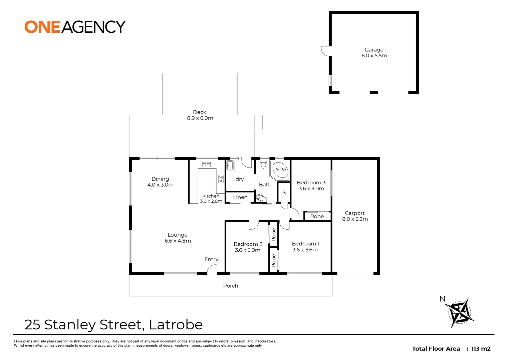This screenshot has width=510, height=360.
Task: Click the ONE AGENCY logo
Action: (x=75, y=27)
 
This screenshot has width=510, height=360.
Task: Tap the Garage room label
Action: (x=374, y=50)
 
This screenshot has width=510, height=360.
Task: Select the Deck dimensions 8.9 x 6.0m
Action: (x=200, y=118)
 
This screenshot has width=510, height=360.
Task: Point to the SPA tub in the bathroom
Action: (x=280, y=170)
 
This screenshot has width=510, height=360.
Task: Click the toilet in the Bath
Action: (x=263, y=165)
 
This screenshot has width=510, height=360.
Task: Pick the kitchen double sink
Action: (x=206, y=165)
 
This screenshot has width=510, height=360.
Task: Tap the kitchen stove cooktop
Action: (x=221, y=179)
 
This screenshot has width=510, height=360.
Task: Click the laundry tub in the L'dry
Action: (x=230, y=165)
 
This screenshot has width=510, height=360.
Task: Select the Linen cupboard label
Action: (x=240, y=197)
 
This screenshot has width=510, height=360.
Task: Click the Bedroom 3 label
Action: (x=311, y=183)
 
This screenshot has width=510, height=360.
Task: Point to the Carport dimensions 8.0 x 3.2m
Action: (x=355, y=219)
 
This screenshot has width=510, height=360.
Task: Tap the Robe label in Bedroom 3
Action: (x=317, y=216)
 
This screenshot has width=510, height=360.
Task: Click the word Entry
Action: (x=211, y=259)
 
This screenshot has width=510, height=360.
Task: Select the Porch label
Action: (x=231, y=286)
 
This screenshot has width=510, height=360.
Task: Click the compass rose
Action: (x=461, y=313)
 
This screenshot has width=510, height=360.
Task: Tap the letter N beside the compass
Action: (x=443, y=299)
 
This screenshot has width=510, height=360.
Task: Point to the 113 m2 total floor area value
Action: (x=481, y=349)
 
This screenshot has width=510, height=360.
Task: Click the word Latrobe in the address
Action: (x=176, y=324)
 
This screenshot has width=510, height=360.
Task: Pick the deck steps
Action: (x=259, y=122)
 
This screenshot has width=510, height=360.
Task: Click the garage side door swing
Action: (x=325, y=51)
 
